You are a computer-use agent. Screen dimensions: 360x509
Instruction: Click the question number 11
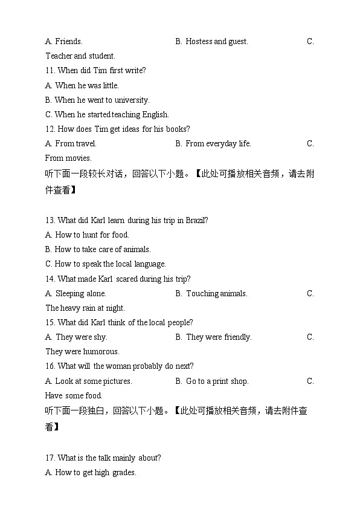50,71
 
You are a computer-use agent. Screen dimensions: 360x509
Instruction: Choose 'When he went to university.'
101,100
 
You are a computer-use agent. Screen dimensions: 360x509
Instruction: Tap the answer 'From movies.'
68,158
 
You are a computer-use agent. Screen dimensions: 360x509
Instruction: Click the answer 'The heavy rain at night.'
85,308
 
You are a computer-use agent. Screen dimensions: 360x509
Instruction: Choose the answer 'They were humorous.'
82,352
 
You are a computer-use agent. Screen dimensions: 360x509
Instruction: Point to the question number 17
50,458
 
